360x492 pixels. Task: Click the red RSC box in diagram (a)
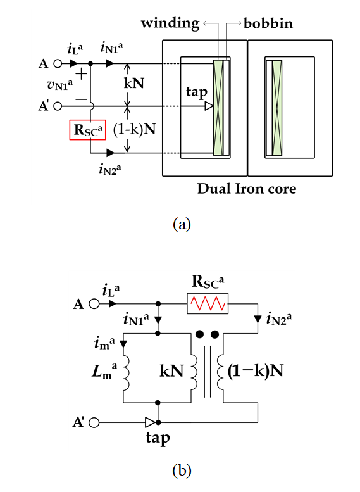tap(87, 130)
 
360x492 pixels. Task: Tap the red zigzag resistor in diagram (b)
tap(208, 303)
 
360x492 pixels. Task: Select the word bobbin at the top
tap(268, 23)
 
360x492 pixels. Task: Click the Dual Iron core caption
tap(247, 189)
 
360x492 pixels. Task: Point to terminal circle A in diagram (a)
tap(58, 64)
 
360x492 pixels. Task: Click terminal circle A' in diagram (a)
tap(58, 106)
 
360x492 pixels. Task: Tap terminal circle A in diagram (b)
tap(94, 304)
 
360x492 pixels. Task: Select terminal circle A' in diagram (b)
tap(94, 422)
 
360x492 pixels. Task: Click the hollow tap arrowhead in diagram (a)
tap(209, 106)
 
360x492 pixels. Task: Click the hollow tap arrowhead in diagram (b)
tap(150, 422)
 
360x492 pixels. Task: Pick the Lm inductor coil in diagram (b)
tap(125, 372)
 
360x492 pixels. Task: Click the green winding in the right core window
tap(277, 108)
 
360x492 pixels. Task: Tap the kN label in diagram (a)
tap(134, 84)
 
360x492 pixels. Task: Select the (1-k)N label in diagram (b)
tap(255, 371)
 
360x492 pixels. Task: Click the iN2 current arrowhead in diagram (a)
tap(110, 153)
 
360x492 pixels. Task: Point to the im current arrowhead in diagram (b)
tap(123, 344)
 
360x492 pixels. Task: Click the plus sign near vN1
tap(81, 74)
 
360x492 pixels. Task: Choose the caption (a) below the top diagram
tap(182, 224)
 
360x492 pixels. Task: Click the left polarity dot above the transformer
tap(199, 334)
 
